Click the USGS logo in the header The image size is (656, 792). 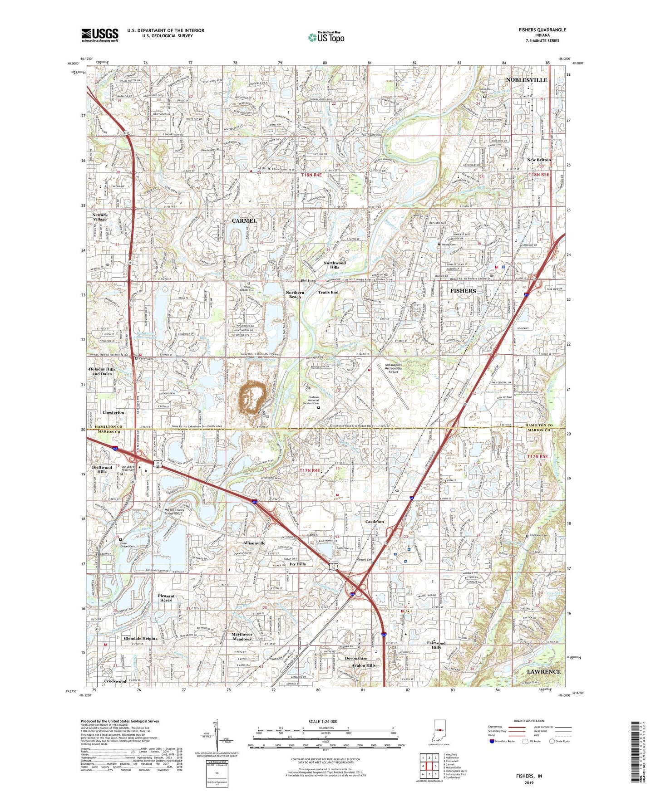[100, 34]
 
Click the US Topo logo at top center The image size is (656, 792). [326, 37]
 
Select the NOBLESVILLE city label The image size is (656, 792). [527, 80]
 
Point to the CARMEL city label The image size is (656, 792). [244, 220]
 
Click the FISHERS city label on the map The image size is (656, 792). [463, 291]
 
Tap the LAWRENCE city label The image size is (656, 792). [543, 671]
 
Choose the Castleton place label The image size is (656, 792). [375, 522]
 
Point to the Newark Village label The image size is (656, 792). [100, 217]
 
